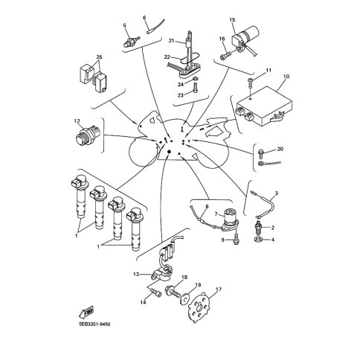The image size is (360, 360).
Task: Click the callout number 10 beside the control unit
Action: click(286, 77)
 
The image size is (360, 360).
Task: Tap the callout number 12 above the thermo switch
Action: click(77, 121)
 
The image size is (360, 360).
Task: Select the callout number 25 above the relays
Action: click(99, 57)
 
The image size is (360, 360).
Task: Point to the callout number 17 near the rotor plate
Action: click(219, 289)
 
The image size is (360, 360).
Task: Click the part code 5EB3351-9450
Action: click(94, 324)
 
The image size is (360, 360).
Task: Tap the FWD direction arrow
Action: click(86, 312)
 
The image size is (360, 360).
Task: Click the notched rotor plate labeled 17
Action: click(199, 307)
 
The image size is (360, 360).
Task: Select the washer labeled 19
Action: click(184, 299)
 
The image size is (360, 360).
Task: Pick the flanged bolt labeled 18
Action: click(173, 292)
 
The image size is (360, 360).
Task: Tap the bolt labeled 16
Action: click(225, 55)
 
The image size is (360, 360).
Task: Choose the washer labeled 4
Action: click(257, 240)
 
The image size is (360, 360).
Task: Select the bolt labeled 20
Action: click(261, 154)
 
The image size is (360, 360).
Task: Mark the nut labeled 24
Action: click(195, 79)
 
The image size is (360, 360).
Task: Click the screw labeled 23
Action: click(196, 89)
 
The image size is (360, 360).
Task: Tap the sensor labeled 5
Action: click(132, 42)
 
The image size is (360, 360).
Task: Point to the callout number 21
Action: click(171, 40)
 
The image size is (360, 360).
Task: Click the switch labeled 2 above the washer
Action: click(258, 228)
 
